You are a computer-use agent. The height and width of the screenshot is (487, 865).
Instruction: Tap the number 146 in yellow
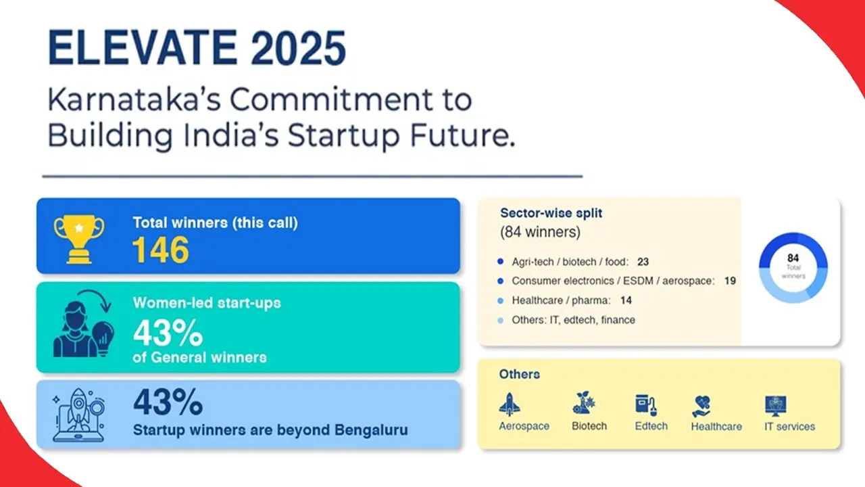coord(160,250)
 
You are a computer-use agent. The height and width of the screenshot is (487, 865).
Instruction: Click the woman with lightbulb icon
coord(79,326)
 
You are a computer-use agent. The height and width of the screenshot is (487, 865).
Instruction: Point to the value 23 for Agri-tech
coord(643,262)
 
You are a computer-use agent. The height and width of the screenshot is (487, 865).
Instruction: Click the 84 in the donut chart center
coord(793,258)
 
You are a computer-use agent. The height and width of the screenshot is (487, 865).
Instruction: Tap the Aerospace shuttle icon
coord(510,404)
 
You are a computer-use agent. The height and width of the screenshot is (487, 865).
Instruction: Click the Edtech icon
coord(647,404)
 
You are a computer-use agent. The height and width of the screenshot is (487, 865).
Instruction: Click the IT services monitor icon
coord(776,405)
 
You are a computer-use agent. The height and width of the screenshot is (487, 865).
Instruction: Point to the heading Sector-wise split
coord(551,213)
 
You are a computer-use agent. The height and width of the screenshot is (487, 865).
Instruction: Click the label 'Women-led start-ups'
coord(206,303)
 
